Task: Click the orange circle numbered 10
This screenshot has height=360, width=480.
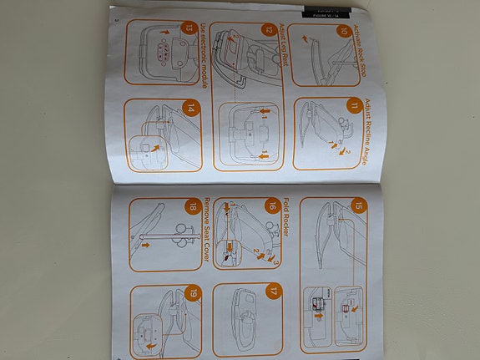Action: click(x=343, y=31)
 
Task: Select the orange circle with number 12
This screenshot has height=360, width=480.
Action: click(x=267, y=30)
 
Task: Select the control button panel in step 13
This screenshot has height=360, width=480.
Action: click(x=165, y=52)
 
